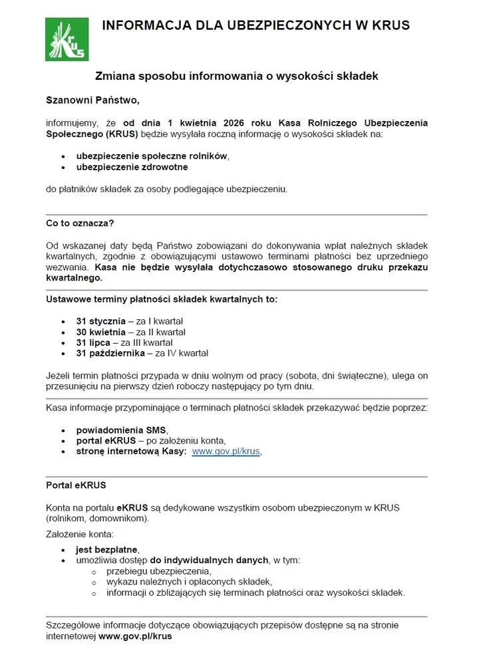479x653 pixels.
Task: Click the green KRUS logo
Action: (67, 39)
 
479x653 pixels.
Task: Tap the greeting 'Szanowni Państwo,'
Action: (92, 100)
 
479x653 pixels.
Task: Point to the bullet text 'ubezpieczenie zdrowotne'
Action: (132, 168)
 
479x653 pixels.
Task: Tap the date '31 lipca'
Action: (93, 342)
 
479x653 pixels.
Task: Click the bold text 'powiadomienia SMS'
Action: (121, 430)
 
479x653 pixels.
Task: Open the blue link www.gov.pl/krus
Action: (226, 451)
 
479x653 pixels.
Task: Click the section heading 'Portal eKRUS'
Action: (76, 485)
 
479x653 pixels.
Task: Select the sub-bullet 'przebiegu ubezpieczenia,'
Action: (158, 571)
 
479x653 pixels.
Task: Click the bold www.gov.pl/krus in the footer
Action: (135, 636)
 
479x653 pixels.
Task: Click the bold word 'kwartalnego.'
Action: (75, 277)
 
